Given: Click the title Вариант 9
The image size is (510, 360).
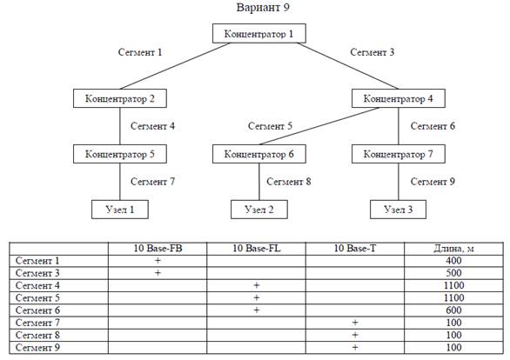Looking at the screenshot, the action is pos(263,7).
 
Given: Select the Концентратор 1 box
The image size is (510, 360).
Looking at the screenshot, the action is pos(259,33).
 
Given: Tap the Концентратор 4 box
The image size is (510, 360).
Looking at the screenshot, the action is pos(399,98).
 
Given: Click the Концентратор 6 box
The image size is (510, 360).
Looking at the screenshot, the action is pos(259,154).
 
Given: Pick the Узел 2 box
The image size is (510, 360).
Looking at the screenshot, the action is pos(259,210).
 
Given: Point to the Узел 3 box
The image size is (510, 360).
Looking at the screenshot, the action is pos(398,210).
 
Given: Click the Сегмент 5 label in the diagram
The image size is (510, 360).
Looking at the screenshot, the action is pos(270,126).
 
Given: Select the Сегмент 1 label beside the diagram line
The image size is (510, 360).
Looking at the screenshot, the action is pos(140,52).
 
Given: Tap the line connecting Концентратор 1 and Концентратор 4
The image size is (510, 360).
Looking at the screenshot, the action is pos(348,66).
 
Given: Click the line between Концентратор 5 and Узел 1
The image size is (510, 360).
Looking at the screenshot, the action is pos(120,182).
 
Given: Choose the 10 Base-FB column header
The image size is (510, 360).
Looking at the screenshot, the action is pos(158,249).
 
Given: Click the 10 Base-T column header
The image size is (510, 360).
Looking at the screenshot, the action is pos(355,249).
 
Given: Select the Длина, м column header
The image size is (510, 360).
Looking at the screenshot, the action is pos(453,249).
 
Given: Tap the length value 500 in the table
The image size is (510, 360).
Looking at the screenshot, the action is pos(453,273).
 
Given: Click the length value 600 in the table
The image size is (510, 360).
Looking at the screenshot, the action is pos(453,310).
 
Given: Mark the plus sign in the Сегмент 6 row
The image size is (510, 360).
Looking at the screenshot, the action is pos(256,310).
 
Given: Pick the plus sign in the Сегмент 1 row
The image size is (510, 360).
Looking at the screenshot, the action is pos(158,261).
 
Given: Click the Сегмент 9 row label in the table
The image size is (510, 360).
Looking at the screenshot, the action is pos(37,348).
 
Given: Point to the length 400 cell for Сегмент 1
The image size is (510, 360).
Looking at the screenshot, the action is pos(453,261).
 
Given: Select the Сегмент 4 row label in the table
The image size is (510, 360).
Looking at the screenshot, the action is pos(37,285).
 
